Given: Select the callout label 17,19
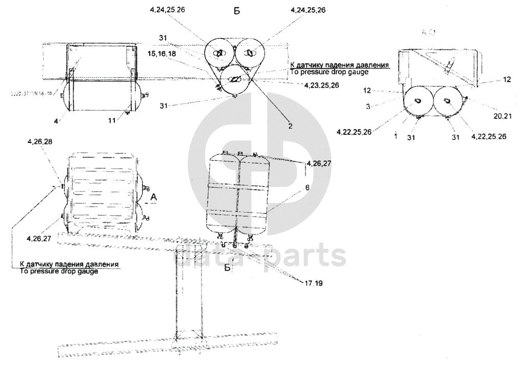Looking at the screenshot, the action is [x=313, y=282].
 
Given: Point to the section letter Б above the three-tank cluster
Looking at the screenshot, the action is [x=237, y=11].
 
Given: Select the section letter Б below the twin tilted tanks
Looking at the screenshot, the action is [x=228, y=268].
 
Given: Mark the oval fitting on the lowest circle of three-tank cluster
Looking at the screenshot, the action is [x=234, y=79].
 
